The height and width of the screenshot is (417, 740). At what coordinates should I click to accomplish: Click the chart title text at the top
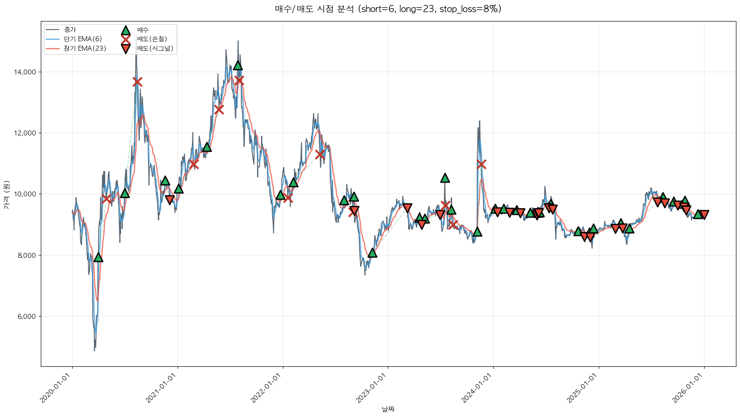[x=388, y=9]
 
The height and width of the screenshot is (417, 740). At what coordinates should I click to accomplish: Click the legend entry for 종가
[x=70, y=30]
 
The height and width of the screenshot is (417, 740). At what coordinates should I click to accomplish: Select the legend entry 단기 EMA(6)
[x=83, y=39]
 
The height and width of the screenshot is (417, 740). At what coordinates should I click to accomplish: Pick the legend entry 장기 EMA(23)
[x=85, y=48]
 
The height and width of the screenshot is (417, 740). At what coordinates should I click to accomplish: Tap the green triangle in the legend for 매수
[x=126, y=30]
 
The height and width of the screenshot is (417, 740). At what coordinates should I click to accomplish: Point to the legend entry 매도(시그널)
[x=155, y=48]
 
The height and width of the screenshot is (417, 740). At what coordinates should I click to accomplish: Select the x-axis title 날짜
[x=388, y=409]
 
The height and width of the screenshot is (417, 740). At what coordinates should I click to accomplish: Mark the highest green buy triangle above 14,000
[x=238, y=65]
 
